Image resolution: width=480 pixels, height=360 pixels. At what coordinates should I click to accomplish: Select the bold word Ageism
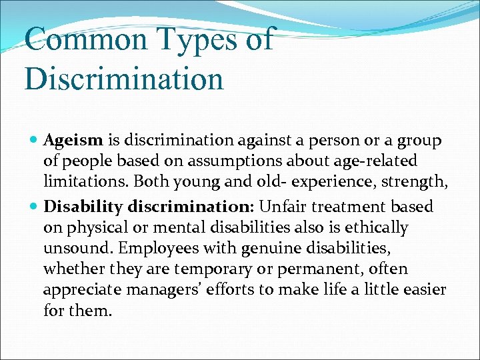click(73, 141)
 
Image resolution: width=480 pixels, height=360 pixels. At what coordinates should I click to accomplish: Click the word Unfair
click(281, 207)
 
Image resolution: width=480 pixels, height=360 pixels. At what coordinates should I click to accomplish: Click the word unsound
click(73, 248)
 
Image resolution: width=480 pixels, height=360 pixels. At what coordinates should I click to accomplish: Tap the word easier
click(425, 289)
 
